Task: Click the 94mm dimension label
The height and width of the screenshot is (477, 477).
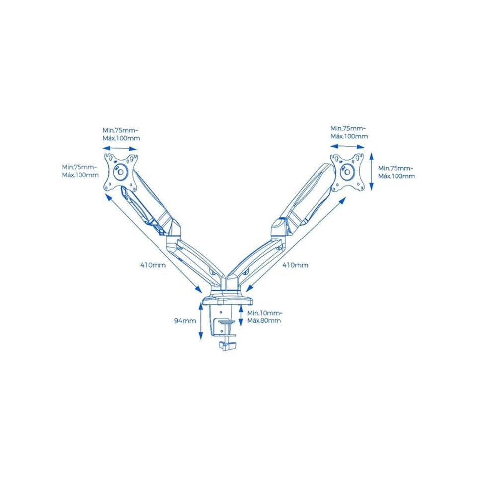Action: coord(185,321)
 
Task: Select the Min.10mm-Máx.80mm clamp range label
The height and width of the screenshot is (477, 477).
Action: coord(264,317)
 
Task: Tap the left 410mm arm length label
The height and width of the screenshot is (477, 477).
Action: coord(153,265)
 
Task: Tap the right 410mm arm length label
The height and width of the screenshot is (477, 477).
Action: coord(295,265)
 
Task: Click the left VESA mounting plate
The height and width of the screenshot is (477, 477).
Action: coord(121,172)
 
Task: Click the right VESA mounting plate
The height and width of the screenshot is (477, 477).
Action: coord(348,172)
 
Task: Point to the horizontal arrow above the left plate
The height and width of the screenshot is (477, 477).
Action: coord(120,149)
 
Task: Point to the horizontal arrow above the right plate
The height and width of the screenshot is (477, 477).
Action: coord(347,147)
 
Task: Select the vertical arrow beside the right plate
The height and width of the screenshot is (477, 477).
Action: coord(372,171)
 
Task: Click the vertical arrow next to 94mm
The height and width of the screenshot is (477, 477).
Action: coord(200,321)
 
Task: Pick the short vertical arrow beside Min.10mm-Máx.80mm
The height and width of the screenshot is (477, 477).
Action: coord(241,317)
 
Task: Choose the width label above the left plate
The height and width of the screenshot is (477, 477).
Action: coord(121,134)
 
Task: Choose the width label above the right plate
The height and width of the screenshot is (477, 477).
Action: coord(349,132)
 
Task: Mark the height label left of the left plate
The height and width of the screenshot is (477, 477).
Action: coord(80,171)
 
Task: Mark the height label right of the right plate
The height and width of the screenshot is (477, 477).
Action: coord(397,172)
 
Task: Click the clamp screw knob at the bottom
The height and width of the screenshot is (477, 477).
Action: coord(227,346)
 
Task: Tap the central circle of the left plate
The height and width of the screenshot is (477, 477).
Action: coord(120,172)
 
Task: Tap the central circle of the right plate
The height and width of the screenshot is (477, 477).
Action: coord(347,172)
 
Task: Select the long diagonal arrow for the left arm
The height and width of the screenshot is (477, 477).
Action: coord(154,243)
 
